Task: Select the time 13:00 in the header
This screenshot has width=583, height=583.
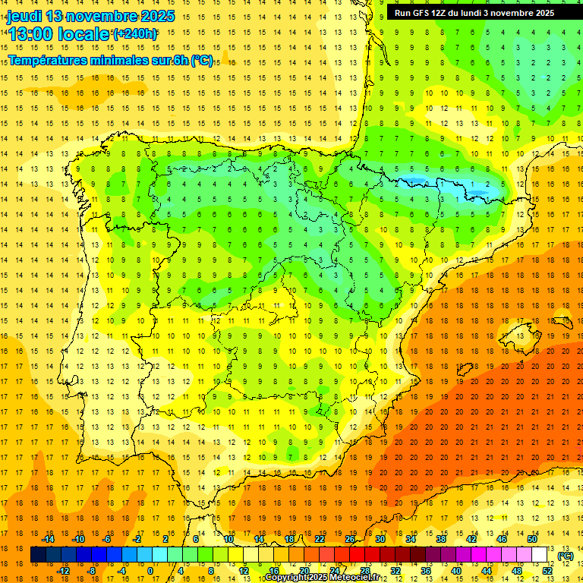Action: pos(30,34)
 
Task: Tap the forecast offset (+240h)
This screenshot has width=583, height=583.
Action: pos(136,34)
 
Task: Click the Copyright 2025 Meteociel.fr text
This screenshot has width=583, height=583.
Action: pos(322,578)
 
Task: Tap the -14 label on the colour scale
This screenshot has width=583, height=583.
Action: pos(49,538)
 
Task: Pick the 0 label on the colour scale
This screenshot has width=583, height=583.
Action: pos(150,571)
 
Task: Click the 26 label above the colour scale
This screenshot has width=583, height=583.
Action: pos(350,538)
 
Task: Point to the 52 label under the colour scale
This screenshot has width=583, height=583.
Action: pos(547,571)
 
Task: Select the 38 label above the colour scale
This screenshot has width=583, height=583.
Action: pos(441,538)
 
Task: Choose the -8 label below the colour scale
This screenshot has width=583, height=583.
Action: pos(90,571)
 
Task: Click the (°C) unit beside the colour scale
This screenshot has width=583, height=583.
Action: pos(565,556)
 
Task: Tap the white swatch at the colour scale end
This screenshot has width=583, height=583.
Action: pos(540,555)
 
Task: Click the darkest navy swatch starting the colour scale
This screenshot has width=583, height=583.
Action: pos(38,555)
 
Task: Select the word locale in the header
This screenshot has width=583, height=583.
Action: pos(84,34)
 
